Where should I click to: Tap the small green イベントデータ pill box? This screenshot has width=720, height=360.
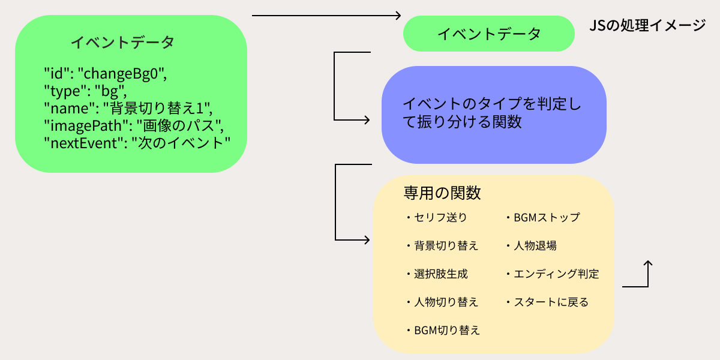(488, 34)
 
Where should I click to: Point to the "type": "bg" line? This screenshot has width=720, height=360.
(87, 91)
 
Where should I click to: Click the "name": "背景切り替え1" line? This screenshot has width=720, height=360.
(129, 109)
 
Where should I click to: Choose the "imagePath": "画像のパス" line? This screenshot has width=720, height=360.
(134, 126)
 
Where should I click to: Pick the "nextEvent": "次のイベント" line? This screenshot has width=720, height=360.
(137, 143)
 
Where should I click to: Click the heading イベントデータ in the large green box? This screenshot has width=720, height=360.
(122, 42)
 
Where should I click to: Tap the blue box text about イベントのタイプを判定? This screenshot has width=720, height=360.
(492, 112)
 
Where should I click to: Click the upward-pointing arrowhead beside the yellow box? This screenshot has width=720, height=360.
(648, 263)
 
